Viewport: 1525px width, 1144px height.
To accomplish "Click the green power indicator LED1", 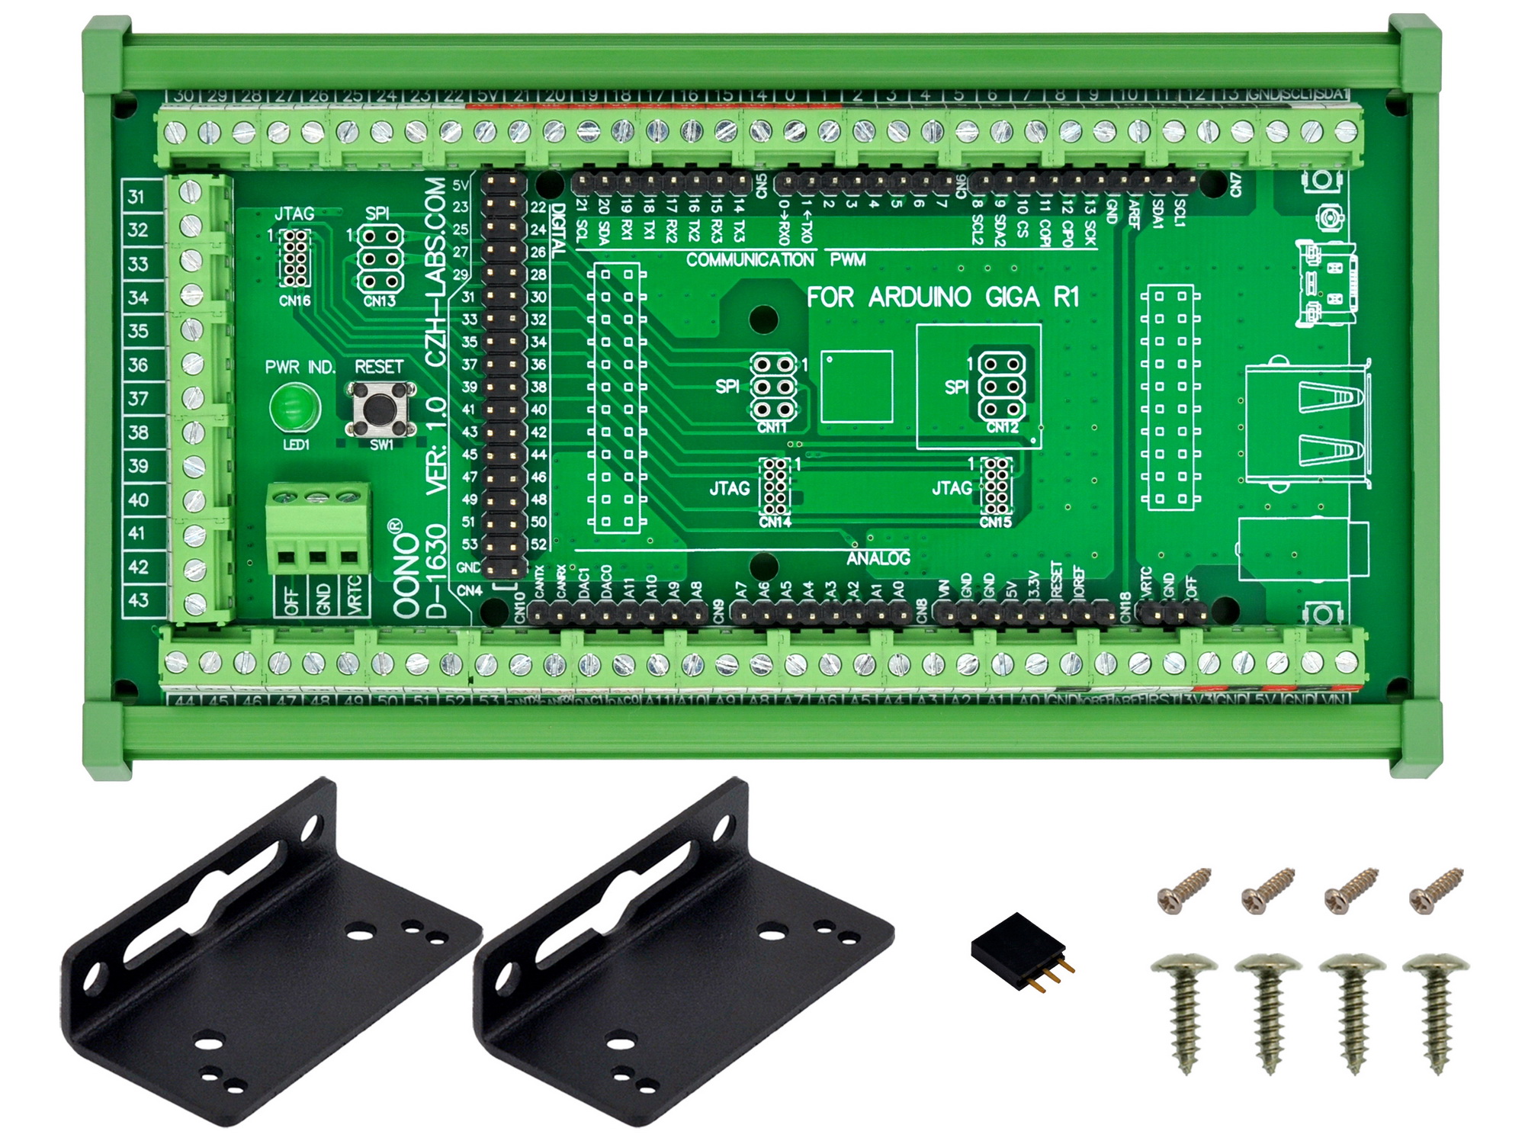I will (295, 407).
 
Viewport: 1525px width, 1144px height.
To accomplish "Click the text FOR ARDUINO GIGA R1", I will (943, 297).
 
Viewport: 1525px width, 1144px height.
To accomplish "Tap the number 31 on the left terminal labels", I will (136, 197).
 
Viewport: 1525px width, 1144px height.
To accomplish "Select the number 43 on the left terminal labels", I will (138, 600).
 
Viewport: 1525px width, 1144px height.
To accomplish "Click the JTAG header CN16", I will (295, 258).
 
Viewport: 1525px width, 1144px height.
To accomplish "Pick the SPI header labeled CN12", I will (1001, 387).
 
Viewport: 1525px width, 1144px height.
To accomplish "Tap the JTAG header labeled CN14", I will (775, 487).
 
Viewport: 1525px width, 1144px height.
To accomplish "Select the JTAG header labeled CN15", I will (996, 487).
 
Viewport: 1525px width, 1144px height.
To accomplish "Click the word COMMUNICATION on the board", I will (750, 260).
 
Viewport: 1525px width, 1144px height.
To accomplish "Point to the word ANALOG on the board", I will (878, 558).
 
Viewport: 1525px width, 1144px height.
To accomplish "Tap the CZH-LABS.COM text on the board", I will (435, 272).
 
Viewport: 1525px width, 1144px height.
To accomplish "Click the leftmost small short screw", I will (1184, 889).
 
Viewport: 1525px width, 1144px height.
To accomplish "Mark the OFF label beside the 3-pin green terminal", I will (291, 600).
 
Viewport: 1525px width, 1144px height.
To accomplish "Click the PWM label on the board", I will (848, 260).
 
